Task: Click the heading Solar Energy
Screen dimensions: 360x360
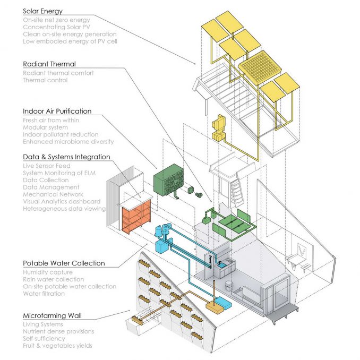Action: tap(42, 11)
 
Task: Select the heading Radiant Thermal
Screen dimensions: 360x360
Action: tap(49, 64)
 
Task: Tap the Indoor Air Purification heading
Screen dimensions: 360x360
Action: tap(57, 111)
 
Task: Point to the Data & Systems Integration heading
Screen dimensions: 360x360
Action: tap(66, 157)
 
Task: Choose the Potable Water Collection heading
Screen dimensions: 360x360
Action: tap(64, 263)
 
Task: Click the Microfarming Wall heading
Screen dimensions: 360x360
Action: tap(53, 316)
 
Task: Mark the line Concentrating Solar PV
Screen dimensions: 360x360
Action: tap(56, 27)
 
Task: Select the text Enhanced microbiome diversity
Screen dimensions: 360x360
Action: tap(68, 141)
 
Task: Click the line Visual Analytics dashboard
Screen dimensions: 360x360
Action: tap(62, 201)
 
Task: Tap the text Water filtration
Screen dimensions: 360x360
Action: tap(44, 294)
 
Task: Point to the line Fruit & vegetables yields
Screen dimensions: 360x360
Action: tap(58, 346)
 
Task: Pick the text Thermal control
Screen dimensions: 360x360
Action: tap(45, 80)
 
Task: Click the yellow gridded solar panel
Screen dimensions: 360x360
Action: tap(260, 66)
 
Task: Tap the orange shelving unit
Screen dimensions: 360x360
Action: tap(136, 217)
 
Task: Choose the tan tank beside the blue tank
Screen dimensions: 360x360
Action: tap(215, 306)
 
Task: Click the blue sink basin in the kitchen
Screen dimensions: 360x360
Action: tap(222, 266)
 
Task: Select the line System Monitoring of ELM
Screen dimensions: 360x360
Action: tap(59, 173)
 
